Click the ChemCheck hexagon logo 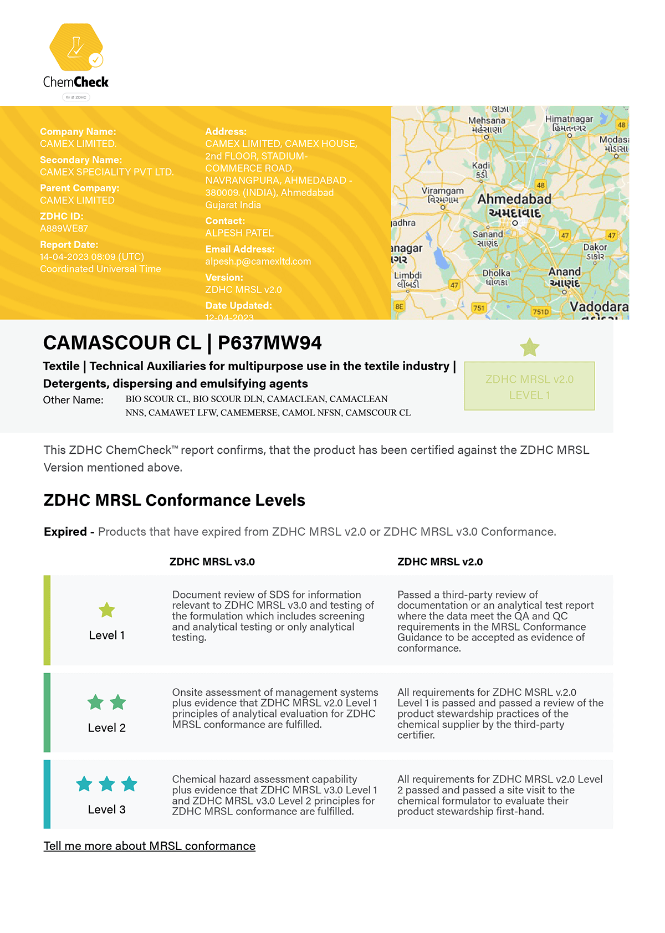pyautogui.click(x=76, y=47)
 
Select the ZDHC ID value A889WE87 pyautogui.click(x=64, y=228)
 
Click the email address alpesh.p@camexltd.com pyautogui.click(x=258, y=262)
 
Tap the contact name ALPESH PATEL pyautogui.click(x=239, y=233)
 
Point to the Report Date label pyautogui.click(x=69, y=244)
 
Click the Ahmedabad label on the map pyautogui.click(x=514, y=199)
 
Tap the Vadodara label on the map pyautogui.click(x=598, y=307)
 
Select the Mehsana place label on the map pyautogui.click(x=487, y=121)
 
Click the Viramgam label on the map pyautogui.click(x=442, y=191)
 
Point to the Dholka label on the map pyautogui.click(x=496, y=273)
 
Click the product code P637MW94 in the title pyautogui.click(x=269, y=343)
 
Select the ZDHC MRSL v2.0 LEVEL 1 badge pyautogui.click(x=529, y=386)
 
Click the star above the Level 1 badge pyautogui.click(x=529, y=347)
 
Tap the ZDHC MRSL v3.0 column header pyautogui.click(x=212, y=562)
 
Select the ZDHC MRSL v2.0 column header pyautogui.click(x=439, y=562)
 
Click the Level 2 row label pyautogui.click(x=106, y=727)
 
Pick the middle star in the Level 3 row pyautogui.click(x=106, y=784)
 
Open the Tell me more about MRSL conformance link pyautogui.click(x=149, y=846)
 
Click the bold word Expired pyautogui.click(x=65, y=532)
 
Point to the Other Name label pyautogui.click(x=73, y=400)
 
